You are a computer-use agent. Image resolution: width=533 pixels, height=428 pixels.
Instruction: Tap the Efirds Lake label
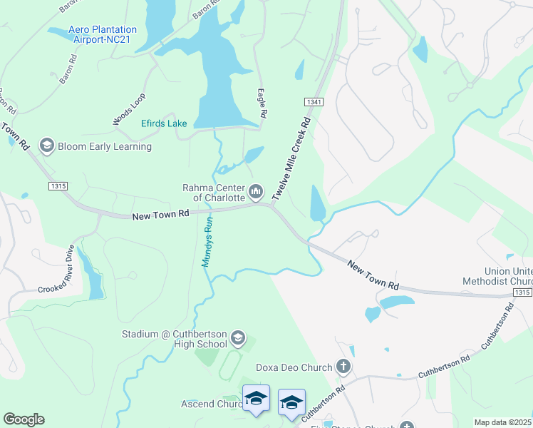click(x=164, y=123)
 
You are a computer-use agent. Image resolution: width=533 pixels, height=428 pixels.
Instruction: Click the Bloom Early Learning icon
click(x=47, y=146)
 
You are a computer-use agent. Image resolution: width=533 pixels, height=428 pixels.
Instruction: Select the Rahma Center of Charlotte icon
click(x=256, y=191)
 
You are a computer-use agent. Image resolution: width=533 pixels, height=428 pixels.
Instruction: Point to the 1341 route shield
click(x=314, y=103)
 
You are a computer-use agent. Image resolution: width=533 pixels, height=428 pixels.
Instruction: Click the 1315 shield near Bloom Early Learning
click(x=58, y=186)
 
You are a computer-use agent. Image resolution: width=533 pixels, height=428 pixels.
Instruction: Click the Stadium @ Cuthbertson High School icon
click(x=238, y=337)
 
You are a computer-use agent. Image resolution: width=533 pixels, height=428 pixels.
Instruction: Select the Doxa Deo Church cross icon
click(x=343, y=368)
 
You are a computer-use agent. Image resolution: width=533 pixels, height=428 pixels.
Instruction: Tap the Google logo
click(x=24, y=419)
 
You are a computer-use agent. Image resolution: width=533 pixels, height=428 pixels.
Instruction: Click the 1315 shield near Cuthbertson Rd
click(x=522, y=292)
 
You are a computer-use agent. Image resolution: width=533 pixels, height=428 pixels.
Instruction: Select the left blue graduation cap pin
click(x=256, y=398)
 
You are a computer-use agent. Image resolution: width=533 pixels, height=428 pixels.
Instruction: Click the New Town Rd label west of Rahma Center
click(x=160, y=213)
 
